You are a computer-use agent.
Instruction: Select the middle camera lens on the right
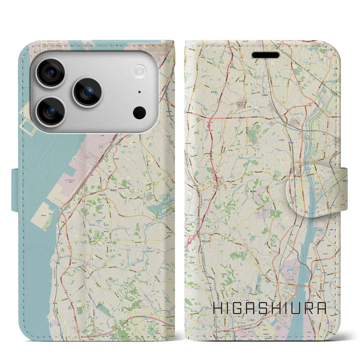pos(88,92)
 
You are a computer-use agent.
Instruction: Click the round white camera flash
pos(140,70)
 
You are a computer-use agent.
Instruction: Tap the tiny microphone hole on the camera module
pos(139,92)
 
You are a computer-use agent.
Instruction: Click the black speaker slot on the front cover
pos(265,55)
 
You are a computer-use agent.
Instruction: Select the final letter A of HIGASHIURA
pos(321,308)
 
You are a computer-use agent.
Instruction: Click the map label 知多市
pos(114,190)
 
